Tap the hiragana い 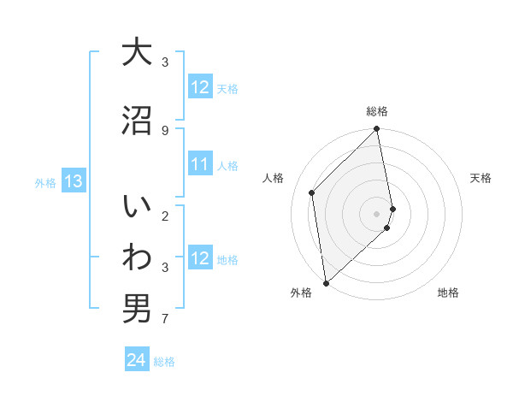[137, 207]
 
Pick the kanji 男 [137, 309]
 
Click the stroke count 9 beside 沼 [164, 130]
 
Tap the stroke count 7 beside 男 [164, 320]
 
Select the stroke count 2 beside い [164, 216]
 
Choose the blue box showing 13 [74, 181]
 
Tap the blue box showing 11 [200, 164]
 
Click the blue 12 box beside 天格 [200, 87]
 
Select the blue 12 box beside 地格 [200, 258]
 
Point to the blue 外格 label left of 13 [45, 182]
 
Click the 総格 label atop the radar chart [377, 111]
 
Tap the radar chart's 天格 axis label [481, 178]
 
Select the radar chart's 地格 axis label [448, 293]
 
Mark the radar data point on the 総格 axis [377, 130]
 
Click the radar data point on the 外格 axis [326, 283]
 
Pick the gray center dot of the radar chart [377, 213]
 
